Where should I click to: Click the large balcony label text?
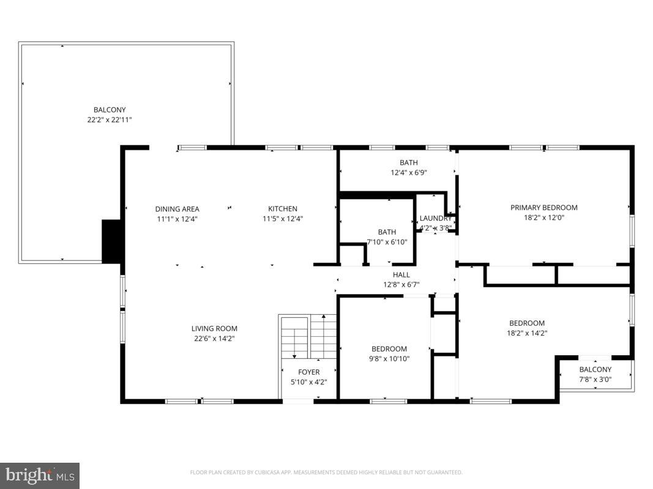[x=110, y=110]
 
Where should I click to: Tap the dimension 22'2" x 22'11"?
[x=110, y=120]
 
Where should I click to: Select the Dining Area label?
[x=177, y=209]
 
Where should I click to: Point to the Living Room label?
[x=214, y=329]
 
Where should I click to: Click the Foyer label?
[x=308, y=372]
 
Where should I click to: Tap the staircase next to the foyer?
[x=308, y=338]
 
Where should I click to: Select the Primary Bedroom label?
[x=543, y=208]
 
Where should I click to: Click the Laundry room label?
[x=435, y=219]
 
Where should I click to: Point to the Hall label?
[x=401, y=275]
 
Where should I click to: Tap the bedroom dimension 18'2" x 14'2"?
[x=527, y=333]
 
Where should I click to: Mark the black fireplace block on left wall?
[x=111, y=241]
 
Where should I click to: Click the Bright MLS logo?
[x=40, y=475]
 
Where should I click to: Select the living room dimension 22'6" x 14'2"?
[x=214, y=338]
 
